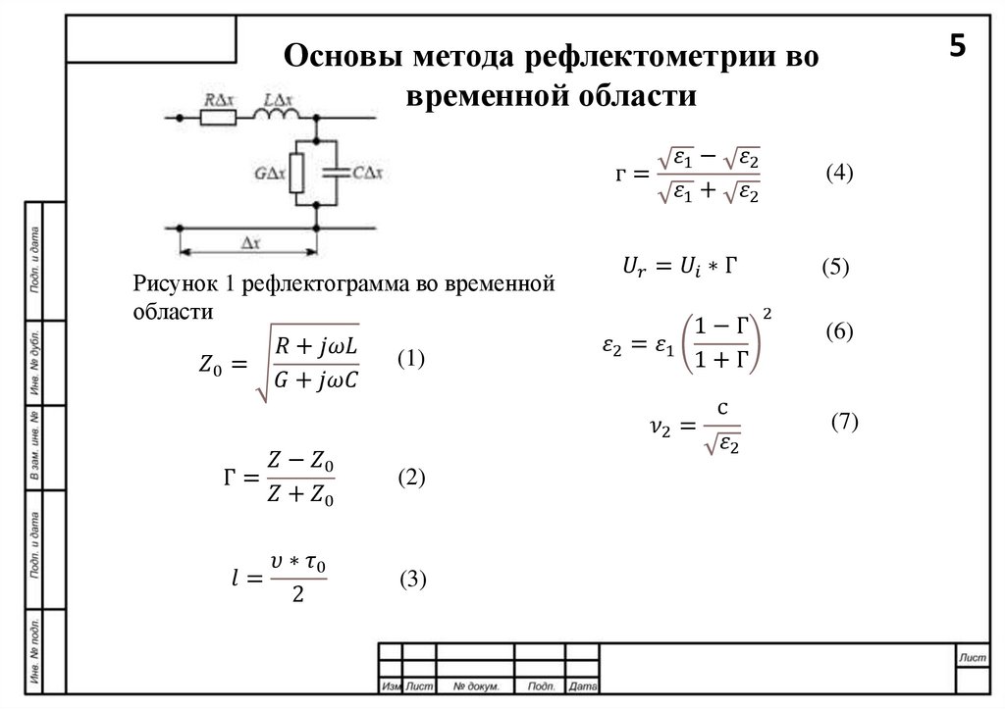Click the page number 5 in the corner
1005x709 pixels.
point(957,46)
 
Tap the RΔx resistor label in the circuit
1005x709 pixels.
point(217,99)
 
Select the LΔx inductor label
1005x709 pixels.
point(281,99)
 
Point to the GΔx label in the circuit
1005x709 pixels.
point(269,174)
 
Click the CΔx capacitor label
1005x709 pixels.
point(368,173)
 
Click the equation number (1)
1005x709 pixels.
point(410,360)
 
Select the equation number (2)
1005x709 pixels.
point(410,478)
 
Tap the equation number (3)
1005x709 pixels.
point(412,580)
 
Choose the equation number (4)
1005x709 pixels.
point(840,174)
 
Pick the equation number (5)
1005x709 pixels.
point(835,267)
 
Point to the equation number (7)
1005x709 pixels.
point(844,422)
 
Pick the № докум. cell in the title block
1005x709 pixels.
point(476,685)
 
